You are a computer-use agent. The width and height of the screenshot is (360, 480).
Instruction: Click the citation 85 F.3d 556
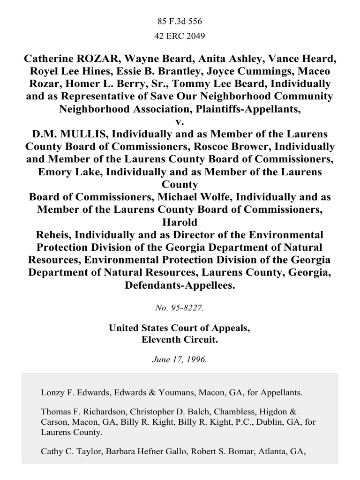(180, 21)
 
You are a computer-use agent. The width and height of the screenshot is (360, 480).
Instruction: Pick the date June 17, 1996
(180, 360)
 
